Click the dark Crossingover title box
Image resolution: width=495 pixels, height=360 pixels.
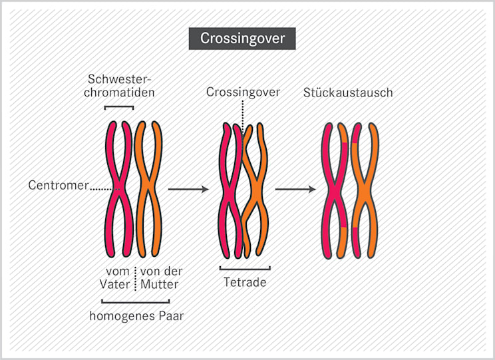click(x=242, y=38)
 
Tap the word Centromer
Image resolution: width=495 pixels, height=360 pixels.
click(x=58, y=186)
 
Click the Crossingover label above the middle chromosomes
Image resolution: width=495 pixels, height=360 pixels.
click(x=243, y=92)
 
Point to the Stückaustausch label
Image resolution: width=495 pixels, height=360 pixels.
click(x=348, y=92)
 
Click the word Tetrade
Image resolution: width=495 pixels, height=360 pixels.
click(x=245, y=282)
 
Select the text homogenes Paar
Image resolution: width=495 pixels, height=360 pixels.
click(x=136, y=316)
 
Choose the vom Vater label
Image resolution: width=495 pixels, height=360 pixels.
click(x=118, y=277)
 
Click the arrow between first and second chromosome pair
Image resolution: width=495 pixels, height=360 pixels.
click(x=188, y=190)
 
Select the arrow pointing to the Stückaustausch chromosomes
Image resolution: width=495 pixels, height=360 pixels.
click(x=295, y=190)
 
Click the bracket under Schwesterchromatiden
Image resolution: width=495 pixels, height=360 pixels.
click(x=119, y=108)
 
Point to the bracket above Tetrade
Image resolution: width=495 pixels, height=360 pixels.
click(x=245, y=270)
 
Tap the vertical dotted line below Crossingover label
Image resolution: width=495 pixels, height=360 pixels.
click(x=243, y=113)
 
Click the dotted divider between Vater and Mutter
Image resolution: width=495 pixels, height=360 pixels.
click(x=136, y=278)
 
